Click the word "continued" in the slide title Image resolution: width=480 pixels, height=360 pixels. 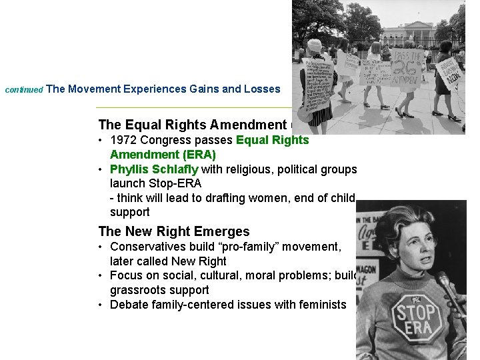tap(23, 89)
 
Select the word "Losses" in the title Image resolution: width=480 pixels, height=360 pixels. tap(262, 89)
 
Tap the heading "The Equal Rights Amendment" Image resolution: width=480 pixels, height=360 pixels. tap(192, 125)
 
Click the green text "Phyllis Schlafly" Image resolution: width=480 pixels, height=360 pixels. tap(154, 169)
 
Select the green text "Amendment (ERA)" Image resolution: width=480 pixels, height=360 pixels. tap(163, 155)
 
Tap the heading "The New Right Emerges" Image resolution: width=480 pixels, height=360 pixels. tap(174, 231)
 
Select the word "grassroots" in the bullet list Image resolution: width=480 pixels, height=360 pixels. tap(139, 290)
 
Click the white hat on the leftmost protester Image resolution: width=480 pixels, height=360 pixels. tap(314, 45)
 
